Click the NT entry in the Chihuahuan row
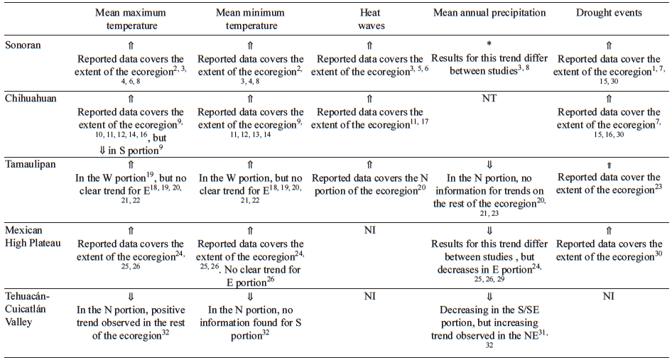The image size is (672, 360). (489, 98)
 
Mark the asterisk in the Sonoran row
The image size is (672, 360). (489, 45)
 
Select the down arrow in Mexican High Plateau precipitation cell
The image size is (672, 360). (489, 230)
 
